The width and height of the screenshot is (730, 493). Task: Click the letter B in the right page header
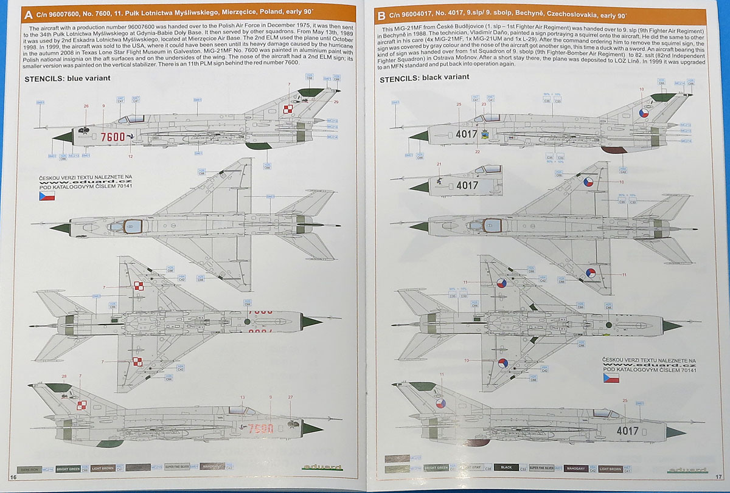point(381,16)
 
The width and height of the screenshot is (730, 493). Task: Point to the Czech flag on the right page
point(611,378)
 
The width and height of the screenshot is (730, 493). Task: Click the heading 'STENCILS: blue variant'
point(67,78)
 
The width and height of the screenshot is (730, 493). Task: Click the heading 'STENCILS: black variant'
point(424,78)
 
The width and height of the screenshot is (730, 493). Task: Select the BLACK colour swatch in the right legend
point(506,468)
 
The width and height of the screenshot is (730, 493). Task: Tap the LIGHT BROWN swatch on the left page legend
point(102,467)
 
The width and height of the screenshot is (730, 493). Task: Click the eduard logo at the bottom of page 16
point(316,467)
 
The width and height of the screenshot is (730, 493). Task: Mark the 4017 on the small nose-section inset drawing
point(467,185)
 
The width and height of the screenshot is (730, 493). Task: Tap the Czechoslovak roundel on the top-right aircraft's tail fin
point(643,113)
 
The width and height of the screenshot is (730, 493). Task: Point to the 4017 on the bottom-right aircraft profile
point(627,431)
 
